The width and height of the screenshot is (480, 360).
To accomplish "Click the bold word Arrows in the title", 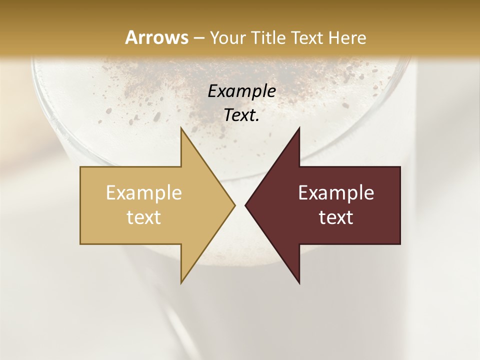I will click(x=156, y=37).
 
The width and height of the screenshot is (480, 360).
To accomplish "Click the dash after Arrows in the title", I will click(x=198, y=38).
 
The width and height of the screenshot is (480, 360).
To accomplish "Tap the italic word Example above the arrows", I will click(x=241, y=91).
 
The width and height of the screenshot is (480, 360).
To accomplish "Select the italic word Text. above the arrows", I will click(x=241, y=115).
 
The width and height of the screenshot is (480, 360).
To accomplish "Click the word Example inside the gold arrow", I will click(x=144, y=192).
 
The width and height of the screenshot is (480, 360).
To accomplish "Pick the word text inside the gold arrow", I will click(x=144, y=217).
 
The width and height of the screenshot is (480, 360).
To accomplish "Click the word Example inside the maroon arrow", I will click(x=336, y=192).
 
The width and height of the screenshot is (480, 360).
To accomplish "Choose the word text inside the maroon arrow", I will click(x=336, y=217).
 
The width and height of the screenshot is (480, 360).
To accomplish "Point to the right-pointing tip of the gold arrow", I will click(x=234, y=205).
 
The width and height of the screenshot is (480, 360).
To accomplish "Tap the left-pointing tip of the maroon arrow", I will click(x=245, y=205).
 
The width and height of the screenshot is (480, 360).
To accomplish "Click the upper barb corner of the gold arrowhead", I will click(x=181, y=127).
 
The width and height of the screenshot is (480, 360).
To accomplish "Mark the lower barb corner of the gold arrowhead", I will click(x=181, y=283).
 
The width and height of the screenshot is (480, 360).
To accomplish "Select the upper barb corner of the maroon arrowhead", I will click(x=299, y=127).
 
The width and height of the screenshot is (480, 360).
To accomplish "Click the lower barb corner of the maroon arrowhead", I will click(x=299, y=283).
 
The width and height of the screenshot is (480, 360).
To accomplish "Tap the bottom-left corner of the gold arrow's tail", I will click(x=80, y=244).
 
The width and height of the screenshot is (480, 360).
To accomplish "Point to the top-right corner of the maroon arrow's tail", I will click(x=400, y=167).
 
